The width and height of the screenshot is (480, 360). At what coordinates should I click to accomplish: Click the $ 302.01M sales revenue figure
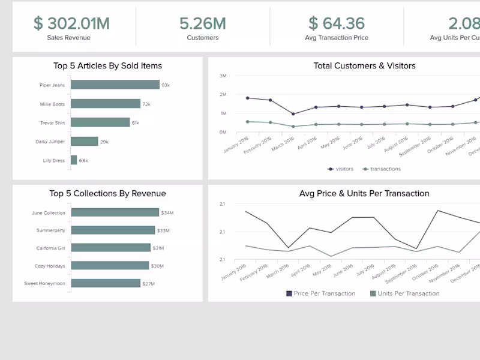pyautogui.click(x=71, y=23)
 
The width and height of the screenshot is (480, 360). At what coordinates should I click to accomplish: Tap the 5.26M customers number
pyautogui.click(x=203, y=23)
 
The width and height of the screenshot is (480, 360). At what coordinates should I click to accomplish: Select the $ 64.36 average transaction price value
pyautogui.click(x=336, y=23)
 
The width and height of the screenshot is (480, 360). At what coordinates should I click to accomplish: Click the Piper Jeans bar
pyautogui.click(x=115, y=85)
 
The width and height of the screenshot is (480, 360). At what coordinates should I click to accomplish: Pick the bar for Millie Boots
pyautogui.click(x=105, y=104)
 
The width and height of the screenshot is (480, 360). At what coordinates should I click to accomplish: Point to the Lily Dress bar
pyautogui.click(x=74, y=160)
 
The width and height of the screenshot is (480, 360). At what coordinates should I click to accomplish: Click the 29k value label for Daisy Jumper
pyautogui.click(x=104, y=142)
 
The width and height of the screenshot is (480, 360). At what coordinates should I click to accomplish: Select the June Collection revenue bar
pyautogui.click(x=115, y=212)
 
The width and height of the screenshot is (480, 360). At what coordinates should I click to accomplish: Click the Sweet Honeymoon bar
pyautogui.click(x=106, y=283)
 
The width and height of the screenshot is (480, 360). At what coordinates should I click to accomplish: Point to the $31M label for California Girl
pyautogui.click(x=158, y=248)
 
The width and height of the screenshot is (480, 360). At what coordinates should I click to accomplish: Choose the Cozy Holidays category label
pyautogui.click(x=50, y=266)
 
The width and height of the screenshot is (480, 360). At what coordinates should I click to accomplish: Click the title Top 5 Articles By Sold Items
pyautogui.click(x=107, y=66)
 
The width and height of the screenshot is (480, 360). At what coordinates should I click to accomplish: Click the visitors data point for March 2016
pyautogui.click(x=293, y=114)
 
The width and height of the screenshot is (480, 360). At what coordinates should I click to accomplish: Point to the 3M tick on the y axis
pyautogui.click(x=223, y=76)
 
